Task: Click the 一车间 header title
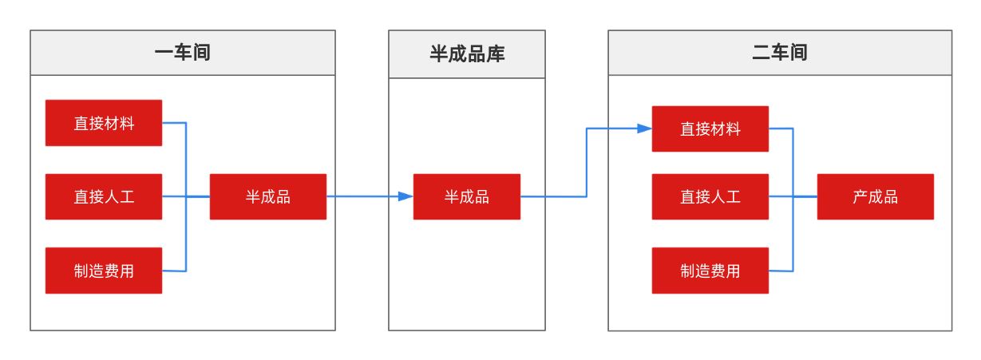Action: (x=183, y=53)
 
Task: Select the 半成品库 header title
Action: (x=467, y=54)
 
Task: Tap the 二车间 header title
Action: (x=780, y=53)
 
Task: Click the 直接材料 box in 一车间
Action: (x=104, y=123)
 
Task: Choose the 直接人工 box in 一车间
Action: (x=104, y=196)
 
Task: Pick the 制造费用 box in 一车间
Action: (x=104, y=271)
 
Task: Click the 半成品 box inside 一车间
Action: (x=268, y=196)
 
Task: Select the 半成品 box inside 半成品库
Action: (x=467, y=196)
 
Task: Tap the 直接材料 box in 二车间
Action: (x=710, y=129)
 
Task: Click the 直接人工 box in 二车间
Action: (x=710, y=196)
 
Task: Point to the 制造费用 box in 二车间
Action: (x=710, y=271)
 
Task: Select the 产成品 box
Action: (x=876, y=196)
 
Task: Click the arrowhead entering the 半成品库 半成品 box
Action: (x=406, y=196)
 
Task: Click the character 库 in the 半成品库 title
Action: (x=496, y=54)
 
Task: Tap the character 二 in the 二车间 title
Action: (x=761, y=53)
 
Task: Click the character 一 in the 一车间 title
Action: (x=164, y=53)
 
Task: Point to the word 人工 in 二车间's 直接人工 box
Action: (x=726, y=196)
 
